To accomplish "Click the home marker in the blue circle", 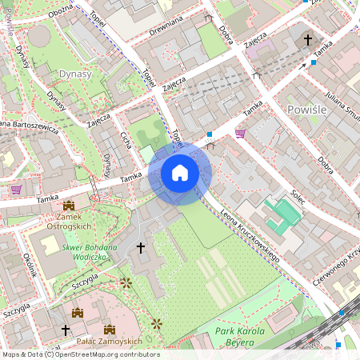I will [180, 173].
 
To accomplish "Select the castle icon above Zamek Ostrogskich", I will [68, 206].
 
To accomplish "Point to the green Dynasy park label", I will [74, 74].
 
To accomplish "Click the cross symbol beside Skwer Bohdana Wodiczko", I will [142, 248].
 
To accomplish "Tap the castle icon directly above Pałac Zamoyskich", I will [110, 329].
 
